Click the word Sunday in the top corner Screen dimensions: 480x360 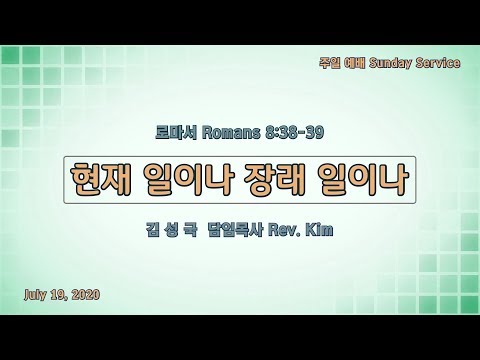390,63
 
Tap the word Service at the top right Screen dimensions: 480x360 438,62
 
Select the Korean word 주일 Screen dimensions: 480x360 329,63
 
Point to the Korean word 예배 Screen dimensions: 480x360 354,63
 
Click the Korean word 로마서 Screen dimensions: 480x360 176,133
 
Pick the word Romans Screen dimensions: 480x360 231,133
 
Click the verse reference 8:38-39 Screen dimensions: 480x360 294,133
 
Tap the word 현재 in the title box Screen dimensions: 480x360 100,179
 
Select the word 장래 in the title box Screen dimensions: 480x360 274,179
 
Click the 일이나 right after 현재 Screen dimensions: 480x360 187,179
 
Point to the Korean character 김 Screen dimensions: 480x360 152,230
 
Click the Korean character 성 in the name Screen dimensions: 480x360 171,230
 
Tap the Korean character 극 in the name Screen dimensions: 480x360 190,230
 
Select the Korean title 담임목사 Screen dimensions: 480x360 235,230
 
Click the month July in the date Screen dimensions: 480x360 36,295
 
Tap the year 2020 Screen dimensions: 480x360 86,295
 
